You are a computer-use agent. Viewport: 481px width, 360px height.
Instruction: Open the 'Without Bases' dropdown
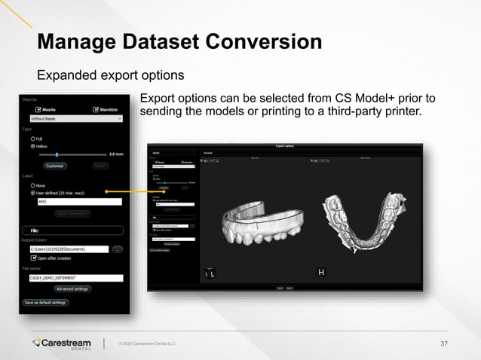pyautogui.click(x=75, y=118)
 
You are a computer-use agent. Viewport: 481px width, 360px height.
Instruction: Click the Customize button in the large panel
pyautogui.click(x=55, y=166)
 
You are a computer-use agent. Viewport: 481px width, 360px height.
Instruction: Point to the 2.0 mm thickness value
pyautogui.click(x=116, y=154)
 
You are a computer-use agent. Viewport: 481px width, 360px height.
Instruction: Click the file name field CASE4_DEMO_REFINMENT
pyautogui.click(x=74, y=278)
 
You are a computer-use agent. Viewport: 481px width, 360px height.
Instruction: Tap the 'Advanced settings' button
pyautogui.click(x=72, y=288)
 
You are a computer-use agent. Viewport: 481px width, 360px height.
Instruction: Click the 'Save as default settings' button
pyautogui.click(x=45, y=303)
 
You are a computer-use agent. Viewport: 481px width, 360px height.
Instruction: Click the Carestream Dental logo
pyautogui.click(x=63, y=343)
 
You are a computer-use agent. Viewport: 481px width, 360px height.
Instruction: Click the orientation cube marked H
pyautogui.click(x=321, y=272)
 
